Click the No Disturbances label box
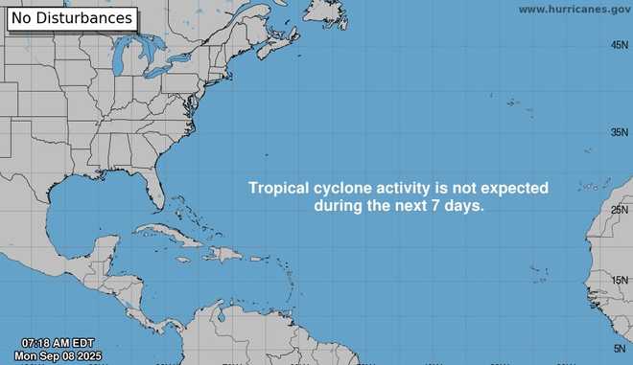71,17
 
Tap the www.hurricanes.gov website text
574,9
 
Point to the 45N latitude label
620,46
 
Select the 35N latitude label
620,132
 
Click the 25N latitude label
620,210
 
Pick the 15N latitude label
620,280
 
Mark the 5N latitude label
622,349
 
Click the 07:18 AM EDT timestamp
58,343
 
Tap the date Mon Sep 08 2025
59,356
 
